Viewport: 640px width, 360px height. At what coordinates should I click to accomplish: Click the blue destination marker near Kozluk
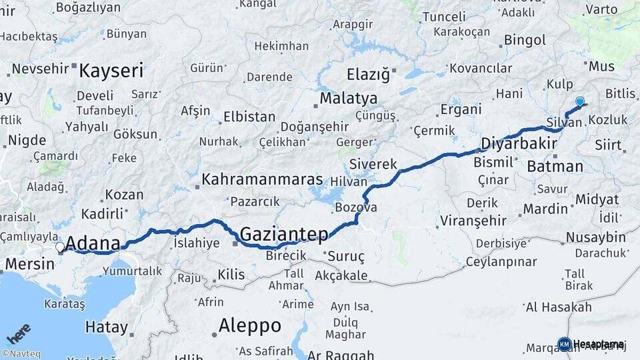pos(579,101)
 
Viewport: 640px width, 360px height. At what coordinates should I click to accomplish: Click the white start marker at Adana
pos(60,247)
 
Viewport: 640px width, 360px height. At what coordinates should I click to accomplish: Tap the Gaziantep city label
pos(284,234)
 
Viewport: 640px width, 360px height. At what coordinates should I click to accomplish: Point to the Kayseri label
pos(111,71)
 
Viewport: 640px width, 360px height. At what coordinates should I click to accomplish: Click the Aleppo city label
pos(250,326)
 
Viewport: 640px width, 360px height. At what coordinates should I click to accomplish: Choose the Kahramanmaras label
pos(262,180)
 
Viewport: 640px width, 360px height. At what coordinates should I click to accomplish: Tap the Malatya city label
pos(348,99)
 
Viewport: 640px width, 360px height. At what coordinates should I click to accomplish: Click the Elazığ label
pos(367,74)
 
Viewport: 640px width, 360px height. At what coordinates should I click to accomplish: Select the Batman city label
pos(555,167)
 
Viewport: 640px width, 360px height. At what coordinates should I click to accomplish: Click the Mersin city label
pos(29,264)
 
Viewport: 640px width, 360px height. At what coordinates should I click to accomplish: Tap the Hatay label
pos(106,327)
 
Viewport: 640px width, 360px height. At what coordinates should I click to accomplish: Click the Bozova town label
pos(355,207)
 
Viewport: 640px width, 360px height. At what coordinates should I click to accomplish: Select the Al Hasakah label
pos(559,307)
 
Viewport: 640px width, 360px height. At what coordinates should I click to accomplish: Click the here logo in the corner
pos(18,334)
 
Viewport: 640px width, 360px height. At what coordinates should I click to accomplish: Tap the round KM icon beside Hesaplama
pos(564,344)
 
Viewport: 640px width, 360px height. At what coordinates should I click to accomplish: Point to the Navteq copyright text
pos(23,354)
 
